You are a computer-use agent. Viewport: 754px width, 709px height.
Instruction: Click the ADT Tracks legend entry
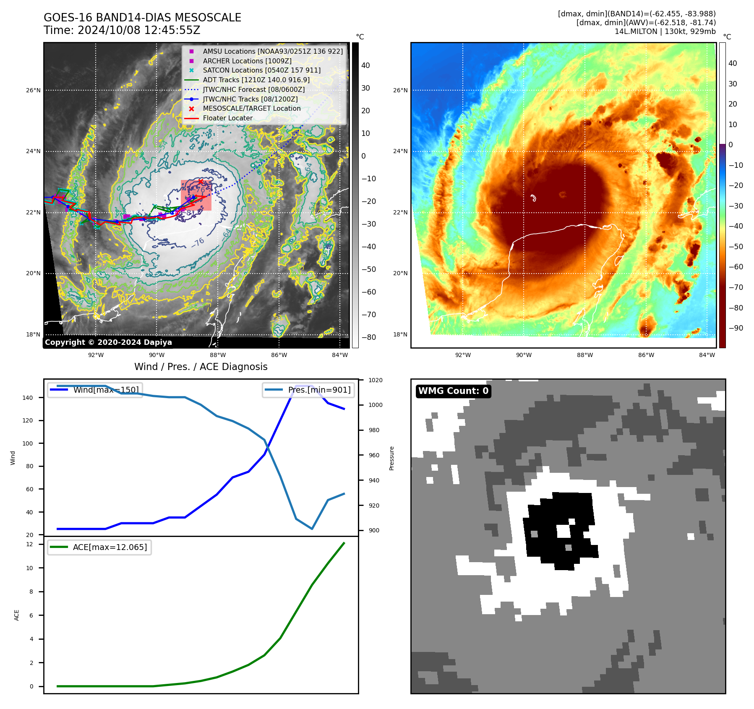[256, 80]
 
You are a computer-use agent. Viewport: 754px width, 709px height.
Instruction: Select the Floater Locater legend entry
[227, 118]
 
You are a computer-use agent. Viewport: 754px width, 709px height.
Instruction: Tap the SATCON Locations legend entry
[261, 70]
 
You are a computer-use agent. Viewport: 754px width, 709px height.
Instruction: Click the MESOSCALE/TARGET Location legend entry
[251, 108]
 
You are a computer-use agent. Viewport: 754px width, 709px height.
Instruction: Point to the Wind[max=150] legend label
[106, 390]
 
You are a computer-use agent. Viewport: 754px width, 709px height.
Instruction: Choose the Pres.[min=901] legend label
[319, 390]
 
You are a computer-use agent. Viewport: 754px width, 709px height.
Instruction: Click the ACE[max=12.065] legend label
[110, 547]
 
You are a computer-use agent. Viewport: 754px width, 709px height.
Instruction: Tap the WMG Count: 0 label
[453, 391]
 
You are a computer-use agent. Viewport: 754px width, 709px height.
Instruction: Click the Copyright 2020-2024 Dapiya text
[108, 342]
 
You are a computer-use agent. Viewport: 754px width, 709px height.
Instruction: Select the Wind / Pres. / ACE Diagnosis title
[201, 367]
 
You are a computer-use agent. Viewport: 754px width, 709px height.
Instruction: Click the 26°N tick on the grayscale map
[34, 90]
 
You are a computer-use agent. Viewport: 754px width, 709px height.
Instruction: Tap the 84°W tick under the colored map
[707, 355]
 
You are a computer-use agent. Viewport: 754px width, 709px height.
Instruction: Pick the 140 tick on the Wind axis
[27, 398]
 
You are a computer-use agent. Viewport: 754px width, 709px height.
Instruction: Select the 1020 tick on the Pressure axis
[376, 380]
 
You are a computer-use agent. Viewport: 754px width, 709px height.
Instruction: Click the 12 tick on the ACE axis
[29, 544]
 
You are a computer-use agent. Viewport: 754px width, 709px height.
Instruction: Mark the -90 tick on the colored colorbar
[736, 328]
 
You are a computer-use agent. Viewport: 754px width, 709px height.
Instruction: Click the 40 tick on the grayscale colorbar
[365, 65]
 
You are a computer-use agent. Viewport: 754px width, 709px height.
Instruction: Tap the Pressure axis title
[391, 458]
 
